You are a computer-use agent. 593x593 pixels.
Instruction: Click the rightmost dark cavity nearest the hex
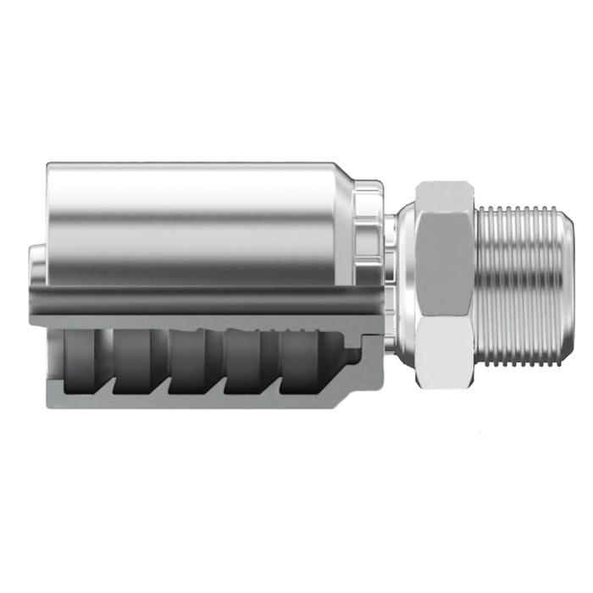coord(302,360)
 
